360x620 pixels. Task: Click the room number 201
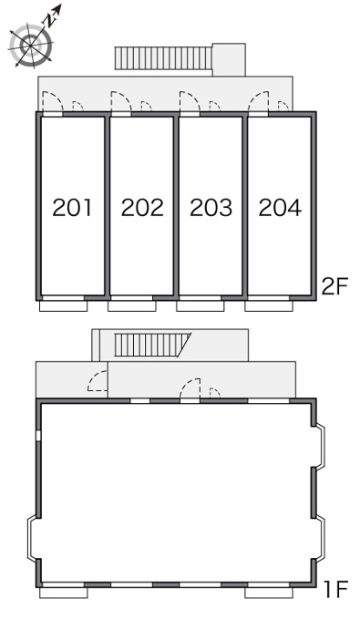(72, 208)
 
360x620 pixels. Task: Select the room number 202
(142, 208)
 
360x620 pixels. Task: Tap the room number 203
(211, 208)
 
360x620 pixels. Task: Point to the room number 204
(280, 208)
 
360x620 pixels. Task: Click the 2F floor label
(334, 286)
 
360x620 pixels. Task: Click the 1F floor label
(336, 590)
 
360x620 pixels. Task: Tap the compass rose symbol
(31, 45)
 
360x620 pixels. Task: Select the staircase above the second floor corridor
(164, 58)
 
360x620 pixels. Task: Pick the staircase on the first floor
(152, 345)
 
